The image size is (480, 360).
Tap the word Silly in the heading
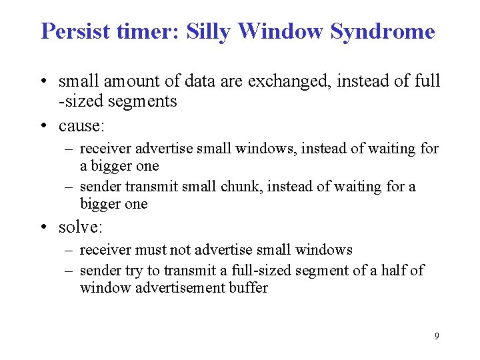tap(208, 31)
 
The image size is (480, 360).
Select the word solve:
tap(81, 227)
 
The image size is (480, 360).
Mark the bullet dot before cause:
tap(45, 126)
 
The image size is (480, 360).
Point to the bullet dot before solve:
tap(45, 227)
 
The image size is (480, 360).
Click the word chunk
tap(243, 187)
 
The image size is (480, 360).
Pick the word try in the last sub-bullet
tap(133, 271)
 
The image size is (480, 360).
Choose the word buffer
tap(248, 288)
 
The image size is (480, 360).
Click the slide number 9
tap(437, 336)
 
